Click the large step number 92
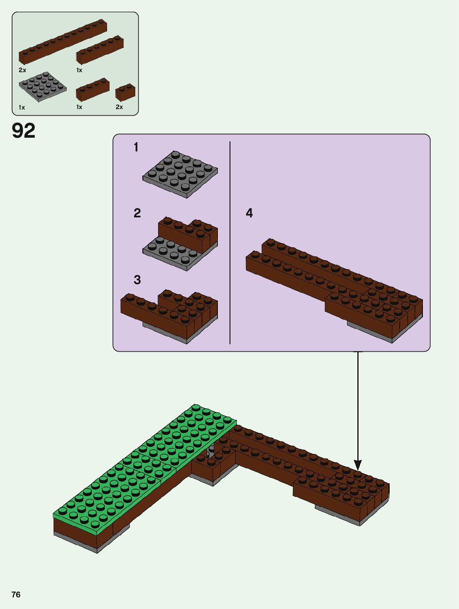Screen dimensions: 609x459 24,131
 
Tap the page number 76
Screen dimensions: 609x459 16,594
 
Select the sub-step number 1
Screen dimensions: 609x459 136,147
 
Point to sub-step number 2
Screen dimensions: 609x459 137,213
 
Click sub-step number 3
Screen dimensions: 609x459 137,280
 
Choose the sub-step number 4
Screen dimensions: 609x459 249,213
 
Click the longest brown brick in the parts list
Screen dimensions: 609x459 62,41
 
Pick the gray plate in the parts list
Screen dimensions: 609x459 42,86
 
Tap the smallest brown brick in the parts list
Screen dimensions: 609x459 125,93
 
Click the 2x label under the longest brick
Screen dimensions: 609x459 22,70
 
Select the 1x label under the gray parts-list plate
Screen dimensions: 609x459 22,107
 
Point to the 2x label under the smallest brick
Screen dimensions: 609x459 119,107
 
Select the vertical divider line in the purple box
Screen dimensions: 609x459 230,243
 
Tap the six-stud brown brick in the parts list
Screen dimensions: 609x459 100,50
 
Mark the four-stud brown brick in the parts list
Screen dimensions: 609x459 93,89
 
